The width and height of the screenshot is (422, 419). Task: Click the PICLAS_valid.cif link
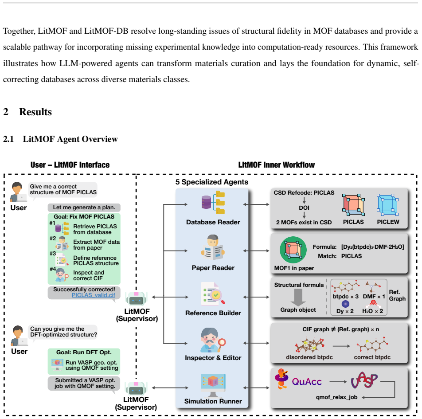(94, 295)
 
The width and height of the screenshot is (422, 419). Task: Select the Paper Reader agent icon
(213, 247)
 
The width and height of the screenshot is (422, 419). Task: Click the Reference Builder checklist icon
(213, 293)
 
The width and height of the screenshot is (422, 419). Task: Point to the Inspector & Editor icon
(213, 340)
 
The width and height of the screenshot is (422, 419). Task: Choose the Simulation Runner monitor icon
(213, 385)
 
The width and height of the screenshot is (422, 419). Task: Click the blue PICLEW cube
(387, 205)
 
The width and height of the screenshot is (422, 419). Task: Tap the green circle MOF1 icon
(293, 250)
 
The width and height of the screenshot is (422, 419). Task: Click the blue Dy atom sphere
(345, 304)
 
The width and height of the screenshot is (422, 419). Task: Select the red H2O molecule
(373, 304)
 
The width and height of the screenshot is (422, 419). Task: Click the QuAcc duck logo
(282, 379)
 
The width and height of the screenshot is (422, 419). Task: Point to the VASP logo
(364, 380)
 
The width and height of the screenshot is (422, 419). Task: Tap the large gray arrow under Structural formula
(298, 297)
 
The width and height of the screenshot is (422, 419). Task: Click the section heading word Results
(35, 112)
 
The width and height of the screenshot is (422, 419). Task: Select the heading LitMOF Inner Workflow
(277, 165)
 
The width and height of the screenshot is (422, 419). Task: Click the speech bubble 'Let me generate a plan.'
(84, 208)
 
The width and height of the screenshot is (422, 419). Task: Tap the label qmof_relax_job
(337, 397)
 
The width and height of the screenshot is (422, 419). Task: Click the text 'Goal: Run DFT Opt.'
(84, 352)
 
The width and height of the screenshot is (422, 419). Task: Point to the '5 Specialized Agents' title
(212, 182)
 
